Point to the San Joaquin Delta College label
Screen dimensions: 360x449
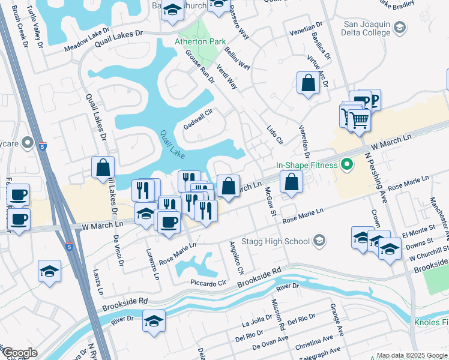(367, 28)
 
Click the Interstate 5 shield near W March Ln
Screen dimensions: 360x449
(70, 246)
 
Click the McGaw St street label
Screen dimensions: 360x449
(270, 201)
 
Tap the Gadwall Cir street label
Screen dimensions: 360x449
(199, 119)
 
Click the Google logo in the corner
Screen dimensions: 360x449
(20, 353)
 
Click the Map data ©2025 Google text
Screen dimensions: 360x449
(412, 355)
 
